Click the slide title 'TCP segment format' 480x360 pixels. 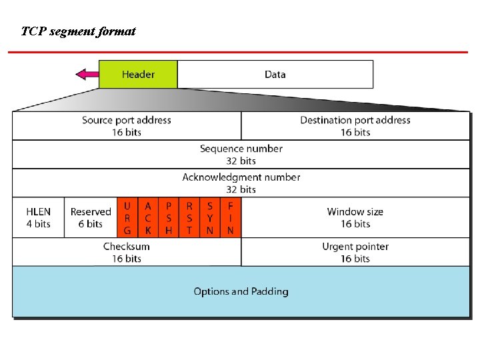click(78, 31)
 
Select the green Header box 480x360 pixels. click(138, 74)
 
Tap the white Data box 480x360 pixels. click(275, 74)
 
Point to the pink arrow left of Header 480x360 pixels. click(87, 74)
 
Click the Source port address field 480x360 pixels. click(127, 125)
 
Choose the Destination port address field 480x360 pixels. click(355, 125)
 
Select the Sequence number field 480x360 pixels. click(241, 154)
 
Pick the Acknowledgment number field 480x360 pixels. click(241, 183)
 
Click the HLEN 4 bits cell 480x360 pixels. click(38, 217)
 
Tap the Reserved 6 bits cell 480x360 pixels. click(91, 217)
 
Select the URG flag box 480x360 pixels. click(127, 218)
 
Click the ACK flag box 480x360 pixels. click(148, 218)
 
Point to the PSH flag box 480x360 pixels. click(169, 218)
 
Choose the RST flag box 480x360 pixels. click(189, 218)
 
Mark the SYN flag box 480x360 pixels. click(210, 218)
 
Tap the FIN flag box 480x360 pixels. click(230, 218)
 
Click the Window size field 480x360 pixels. click(355, 217)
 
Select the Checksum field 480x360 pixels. click(127, 252)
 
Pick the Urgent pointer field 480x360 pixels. click(355, 252)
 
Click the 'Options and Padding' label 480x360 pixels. click(241, 291)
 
